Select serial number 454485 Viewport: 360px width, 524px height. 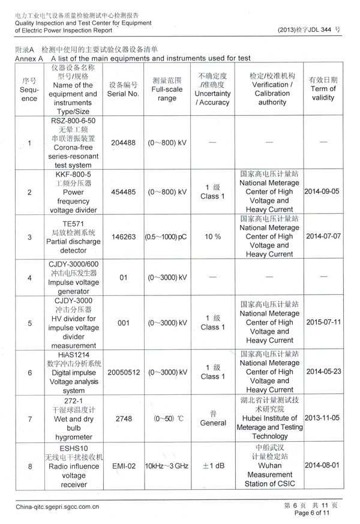(124, 191)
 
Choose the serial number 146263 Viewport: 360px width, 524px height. (124, 236)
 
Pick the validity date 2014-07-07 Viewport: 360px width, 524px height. (323, 236)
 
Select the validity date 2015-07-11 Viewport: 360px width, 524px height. (323, 322)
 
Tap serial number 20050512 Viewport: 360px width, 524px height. (124, 372)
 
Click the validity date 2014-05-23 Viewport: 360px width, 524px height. (323, 372)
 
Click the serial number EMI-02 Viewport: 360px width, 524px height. (124, 465)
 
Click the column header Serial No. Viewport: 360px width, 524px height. (124, 94)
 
